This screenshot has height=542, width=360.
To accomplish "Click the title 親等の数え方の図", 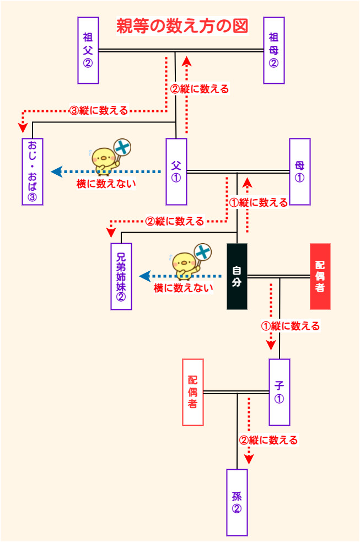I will (182, 26).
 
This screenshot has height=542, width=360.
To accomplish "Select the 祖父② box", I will (88, 50).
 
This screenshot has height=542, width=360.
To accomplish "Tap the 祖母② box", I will (273, 50).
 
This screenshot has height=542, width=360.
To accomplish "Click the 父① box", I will (176, 171).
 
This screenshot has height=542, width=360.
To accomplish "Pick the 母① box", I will (299, 171).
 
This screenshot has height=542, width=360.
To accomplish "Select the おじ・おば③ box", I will (32, 171).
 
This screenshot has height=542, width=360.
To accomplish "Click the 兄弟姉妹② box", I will (121, 276).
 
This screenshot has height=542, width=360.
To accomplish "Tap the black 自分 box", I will (237, 276).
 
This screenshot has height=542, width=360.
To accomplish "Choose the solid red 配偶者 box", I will (320, 276).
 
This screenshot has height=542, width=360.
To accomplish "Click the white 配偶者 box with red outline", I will (193, 392).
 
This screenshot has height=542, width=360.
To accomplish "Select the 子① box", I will (280, 392).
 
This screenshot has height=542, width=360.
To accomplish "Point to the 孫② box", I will (237, 502).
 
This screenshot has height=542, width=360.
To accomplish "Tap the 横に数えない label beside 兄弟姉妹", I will (183, 287).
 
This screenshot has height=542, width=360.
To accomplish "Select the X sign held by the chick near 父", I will (123, 147).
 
